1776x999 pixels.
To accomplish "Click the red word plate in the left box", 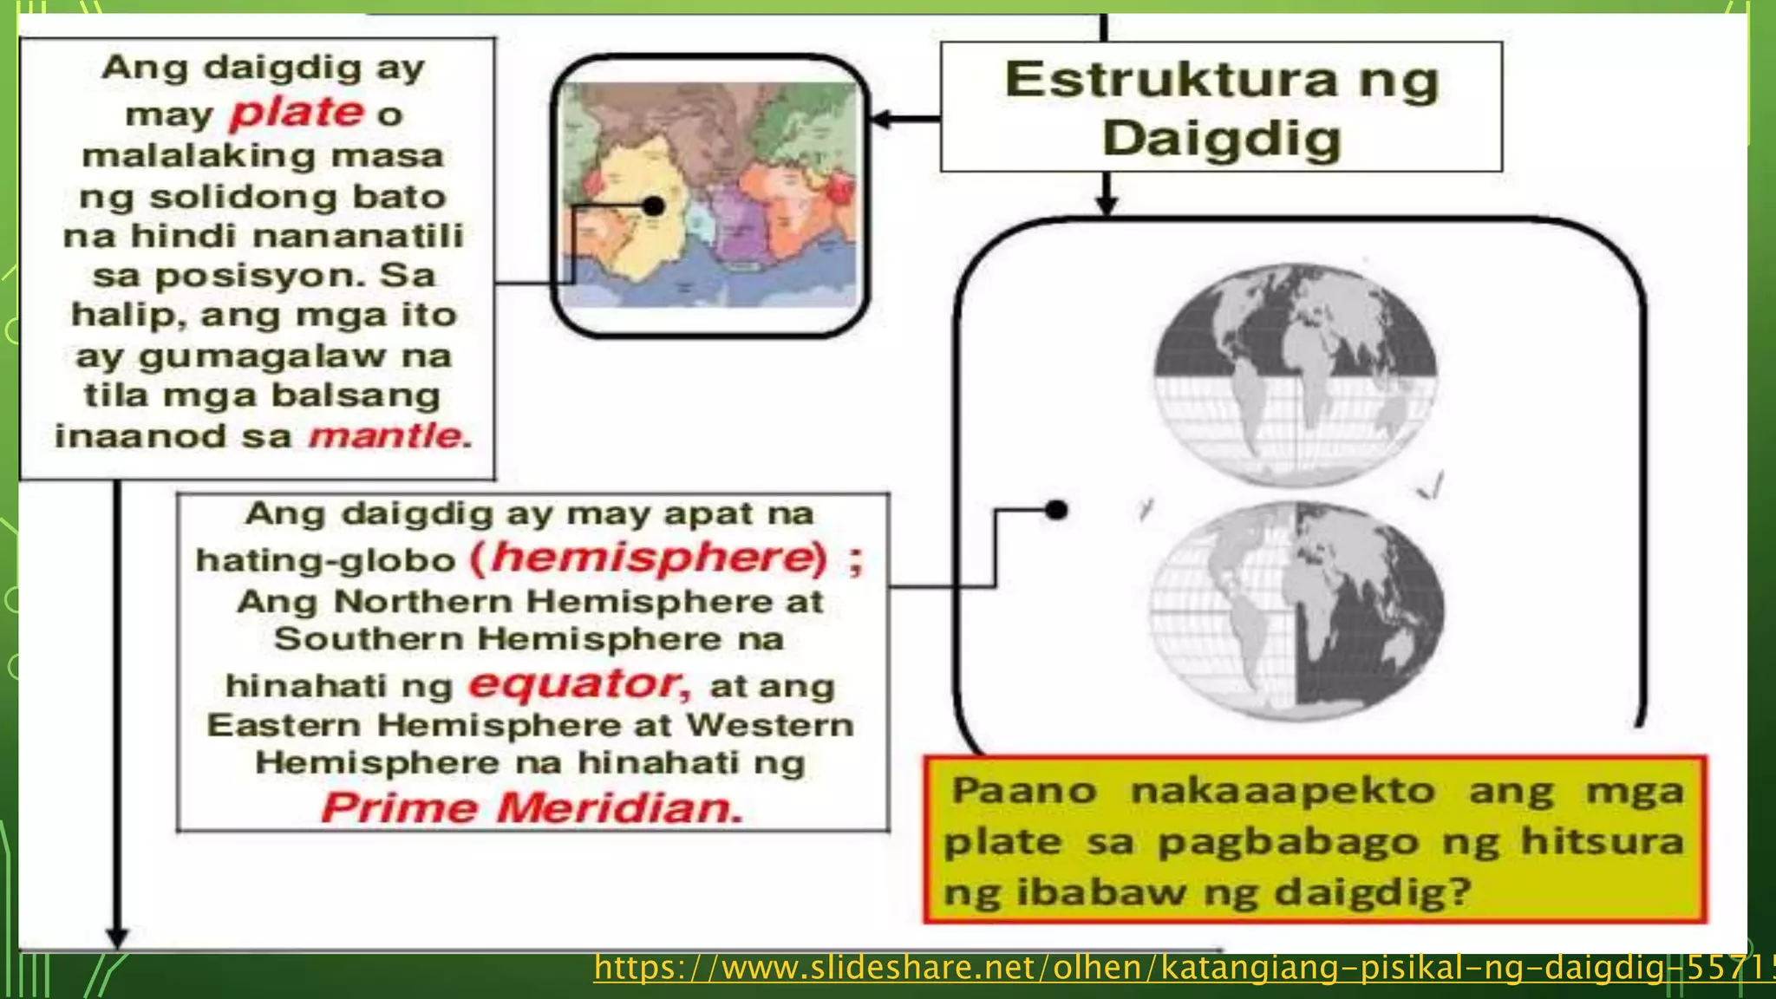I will (297, 112).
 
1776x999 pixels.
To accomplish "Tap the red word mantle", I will (388, 435).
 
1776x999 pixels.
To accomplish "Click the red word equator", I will (576, 684).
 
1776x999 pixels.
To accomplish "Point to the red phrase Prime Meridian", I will (532, 808).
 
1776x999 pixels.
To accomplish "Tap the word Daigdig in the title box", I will (1222, 139).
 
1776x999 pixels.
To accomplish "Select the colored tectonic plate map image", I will (709, 195).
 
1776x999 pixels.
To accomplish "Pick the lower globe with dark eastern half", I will (1296, 611).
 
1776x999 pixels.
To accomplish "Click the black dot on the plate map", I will (654, 206).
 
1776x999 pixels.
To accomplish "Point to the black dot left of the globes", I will (1056, 510).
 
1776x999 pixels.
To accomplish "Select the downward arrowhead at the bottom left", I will (118, 937).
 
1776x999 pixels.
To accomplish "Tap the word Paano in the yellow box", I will (1024, 791).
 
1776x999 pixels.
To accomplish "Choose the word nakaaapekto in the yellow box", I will (1283, 791).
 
